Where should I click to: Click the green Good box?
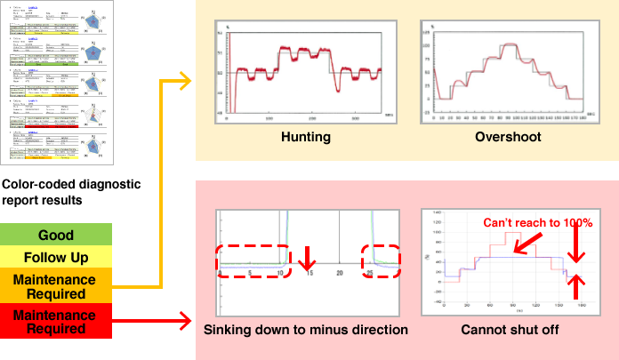pos(56,236)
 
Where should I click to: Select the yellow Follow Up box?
pos(56,259)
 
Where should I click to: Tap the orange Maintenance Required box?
pos(56,286)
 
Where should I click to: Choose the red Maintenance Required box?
pos(56,320)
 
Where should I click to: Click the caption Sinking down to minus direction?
pos(305,330)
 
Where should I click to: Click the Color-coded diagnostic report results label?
pos(56,192)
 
